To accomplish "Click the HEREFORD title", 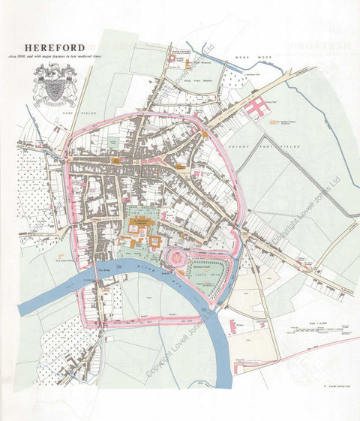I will (x=53, y=47).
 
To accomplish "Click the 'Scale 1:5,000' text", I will (x=309, y=324).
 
